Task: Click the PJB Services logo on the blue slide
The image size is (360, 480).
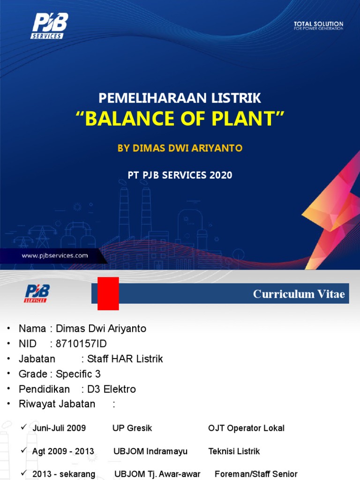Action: [x=50, y=26]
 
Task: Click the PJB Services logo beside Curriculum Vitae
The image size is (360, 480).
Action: [x=37, y=293]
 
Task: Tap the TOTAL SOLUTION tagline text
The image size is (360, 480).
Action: [x=318, y=25]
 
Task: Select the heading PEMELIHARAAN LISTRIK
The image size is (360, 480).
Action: [x=180, y=98]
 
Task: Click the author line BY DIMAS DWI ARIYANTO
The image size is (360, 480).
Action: [x=180, y=148]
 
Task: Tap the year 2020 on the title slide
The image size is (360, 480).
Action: [x=221, y=175]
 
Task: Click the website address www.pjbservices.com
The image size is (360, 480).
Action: [x=55, y=255]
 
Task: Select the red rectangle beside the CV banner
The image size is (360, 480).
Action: [x=108, y=293]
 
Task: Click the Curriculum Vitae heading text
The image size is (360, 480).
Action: [x=299, y=294]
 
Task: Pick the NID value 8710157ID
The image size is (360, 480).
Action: [x=78, y=344]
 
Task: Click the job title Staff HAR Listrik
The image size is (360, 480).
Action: [x=122, y=359]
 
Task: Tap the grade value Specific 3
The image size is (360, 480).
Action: [x=78, y=374]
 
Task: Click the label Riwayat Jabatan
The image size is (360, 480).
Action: [x=57, y=404]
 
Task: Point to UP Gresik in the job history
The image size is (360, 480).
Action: [x=132, y=428]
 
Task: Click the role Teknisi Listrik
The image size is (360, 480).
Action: [x=234, y=451]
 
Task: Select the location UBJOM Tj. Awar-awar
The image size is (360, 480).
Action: [x=157, y=474]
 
